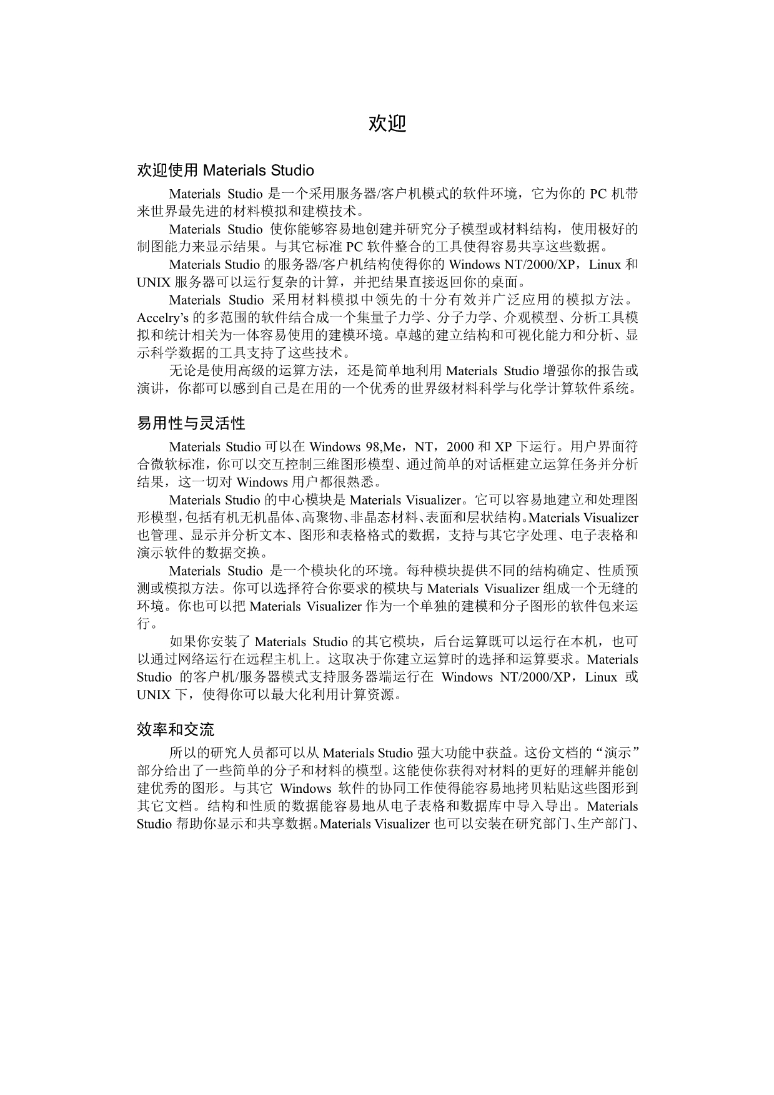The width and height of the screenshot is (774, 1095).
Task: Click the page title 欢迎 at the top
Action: point(387,124)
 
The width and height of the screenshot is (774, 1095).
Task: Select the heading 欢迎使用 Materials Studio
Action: point(226,170)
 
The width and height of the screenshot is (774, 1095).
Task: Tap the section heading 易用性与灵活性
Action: point(191,424)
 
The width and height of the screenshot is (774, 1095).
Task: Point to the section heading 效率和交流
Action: point(176,730)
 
